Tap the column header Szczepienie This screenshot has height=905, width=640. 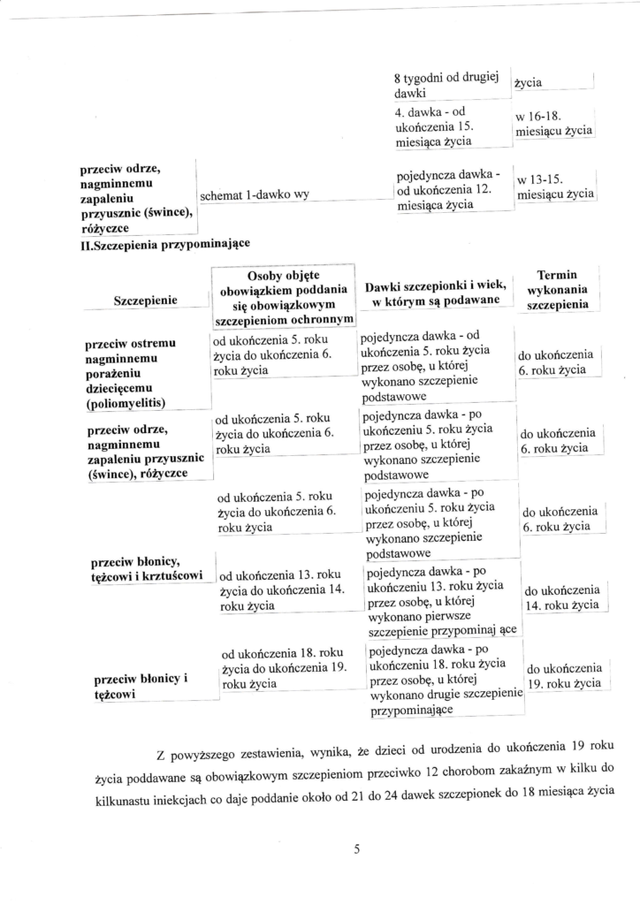point(146,300)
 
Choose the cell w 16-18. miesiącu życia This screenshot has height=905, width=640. point(553,124)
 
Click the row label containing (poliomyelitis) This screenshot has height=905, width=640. point(131,403)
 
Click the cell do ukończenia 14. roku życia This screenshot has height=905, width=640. point(561,598)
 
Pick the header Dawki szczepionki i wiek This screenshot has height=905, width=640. point(434,292)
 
